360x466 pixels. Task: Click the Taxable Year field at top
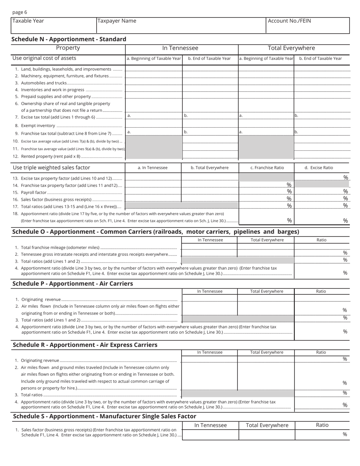pyautogui.click(x=53, y=25)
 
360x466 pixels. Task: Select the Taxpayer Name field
pyautogui.click(x=181, y=25)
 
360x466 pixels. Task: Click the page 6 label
pyautogui.click(x=20, y=12)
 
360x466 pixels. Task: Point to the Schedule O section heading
pyautogui.click(x=156, y=231)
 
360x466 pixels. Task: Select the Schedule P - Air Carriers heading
pyautogui.click(x=73, y=283)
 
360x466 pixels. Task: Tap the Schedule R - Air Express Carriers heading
pyautogui.click(x=85, y=345)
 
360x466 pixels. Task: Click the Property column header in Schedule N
pyautogui.click(x=68, y=48)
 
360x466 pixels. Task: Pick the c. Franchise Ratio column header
pyautogui.click(x=266, y=167)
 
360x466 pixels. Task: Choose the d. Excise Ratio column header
pyautogui.click(x=321, y=167)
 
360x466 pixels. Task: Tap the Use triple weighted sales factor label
pyautogui.click(x=52, y=167)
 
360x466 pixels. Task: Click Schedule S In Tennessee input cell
pyautogui.click(x=210, y=435)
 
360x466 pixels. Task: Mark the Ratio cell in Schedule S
pyautogui.click(x=322, y=435)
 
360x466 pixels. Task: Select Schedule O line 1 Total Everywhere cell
pyautogui.click(x=265, y=247)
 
